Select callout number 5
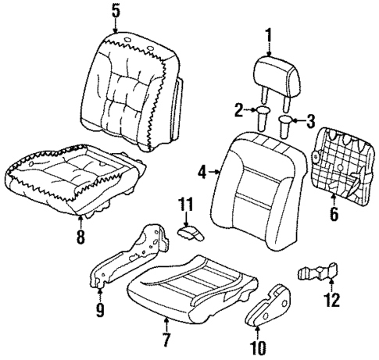[116, 11]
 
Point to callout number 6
[334, 214]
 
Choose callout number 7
[166, 341]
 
